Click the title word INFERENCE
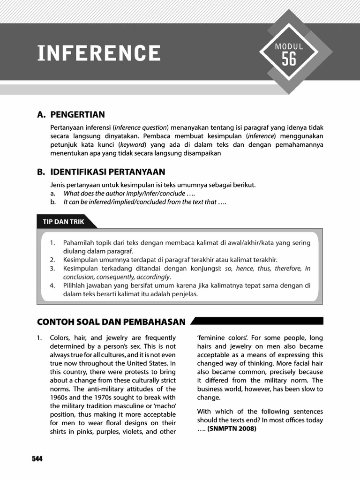(x=99, y=53)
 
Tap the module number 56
(x=289, y=59)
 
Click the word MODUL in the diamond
(x=289, y=46)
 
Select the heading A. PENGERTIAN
(x=71, y=115)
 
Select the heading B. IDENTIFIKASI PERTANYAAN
(x=101, y=172)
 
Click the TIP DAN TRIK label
(x=63, y=222)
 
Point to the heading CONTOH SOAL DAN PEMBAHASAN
(x=111, y=322)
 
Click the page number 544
(x=37, y=459)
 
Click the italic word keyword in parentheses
(x=133, y=144)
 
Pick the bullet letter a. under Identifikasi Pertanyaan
(x=53, y=194)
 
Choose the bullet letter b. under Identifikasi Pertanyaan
(x=53, y=202)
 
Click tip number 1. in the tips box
(x=52, y=242)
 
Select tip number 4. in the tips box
(x=52, y=285)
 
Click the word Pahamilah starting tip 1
(x=78, y=242)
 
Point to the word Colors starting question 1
(x=60, y=337)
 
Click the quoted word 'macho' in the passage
(x=160, y=406)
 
